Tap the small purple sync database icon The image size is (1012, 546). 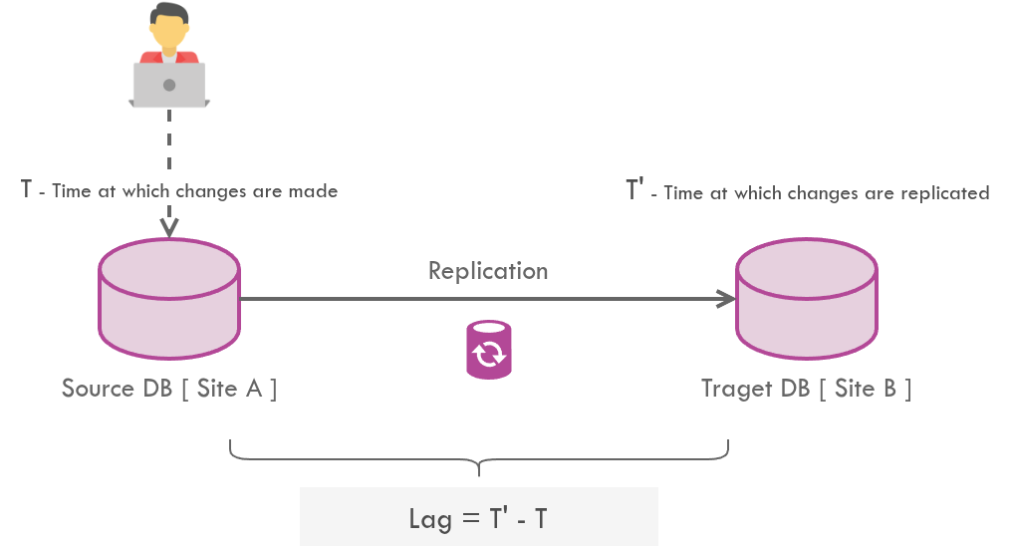click(488, 350)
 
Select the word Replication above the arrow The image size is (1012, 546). click(488, 270)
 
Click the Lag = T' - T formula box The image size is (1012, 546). click(479, 517)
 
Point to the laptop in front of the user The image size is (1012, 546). click(169, 85)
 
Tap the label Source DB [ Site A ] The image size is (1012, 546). click(169, 388)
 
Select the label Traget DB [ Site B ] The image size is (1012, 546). click(807, 388)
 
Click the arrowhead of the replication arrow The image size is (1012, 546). click(726, 298)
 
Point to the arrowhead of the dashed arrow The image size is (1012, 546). click(169, 228)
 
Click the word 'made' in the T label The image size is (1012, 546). click(315, 190)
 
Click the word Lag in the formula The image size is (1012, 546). click(429, 518)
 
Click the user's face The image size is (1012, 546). click(169, 36)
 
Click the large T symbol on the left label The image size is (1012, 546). click(27, 187)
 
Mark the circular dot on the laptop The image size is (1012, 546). click(169, 85)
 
